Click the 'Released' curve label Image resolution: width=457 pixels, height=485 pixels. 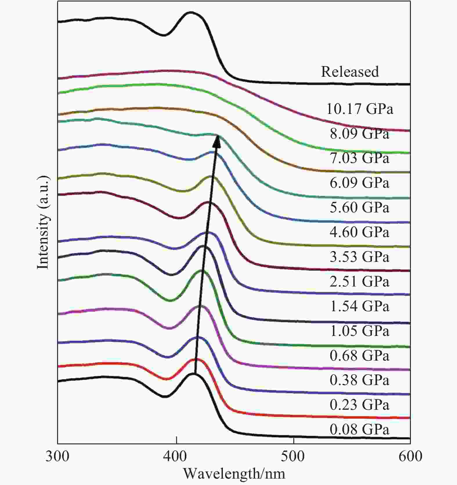tap(350, 72)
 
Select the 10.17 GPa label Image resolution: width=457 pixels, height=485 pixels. tap(360, 109)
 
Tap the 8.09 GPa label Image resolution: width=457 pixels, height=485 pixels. tap(359, 134)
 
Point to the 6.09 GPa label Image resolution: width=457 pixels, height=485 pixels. tap(359, 183)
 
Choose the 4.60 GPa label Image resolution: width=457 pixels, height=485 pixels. tap(359, 232)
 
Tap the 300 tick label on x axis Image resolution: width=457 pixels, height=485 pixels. tap(57, 456)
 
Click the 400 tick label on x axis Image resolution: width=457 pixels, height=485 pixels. tap(176, 456)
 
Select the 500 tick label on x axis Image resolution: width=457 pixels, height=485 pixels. tap(293, 456)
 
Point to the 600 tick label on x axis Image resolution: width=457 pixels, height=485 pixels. tap(410, 456)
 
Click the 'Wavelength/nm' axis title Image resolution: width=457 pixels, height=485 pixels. tap(234, 474)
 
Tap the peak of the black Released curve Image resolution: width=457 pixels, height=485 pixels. tap(190, 12)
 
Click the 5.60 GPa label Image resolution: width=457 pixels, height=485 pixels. tap(359, 207)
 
